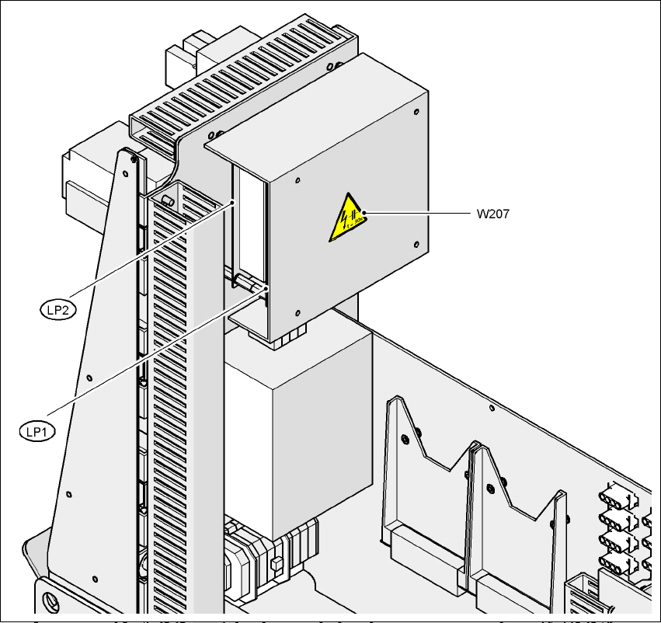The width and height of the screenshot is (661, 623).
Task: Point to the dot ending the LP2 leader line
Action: pos(234,204)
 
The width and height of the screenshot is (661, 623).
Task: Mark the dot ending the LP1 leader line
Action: pos(266,287)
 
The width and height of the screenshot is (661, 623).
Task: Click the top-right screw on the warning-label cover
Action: pos(417,113)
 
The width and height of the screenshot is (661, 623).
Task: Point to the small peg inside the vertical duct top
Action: pos(165,200)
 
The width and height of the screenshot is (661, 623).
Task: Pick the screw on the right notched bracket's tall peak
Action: pos(490,488)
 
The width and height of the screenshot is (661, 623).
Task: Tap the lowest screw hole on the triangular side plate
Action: pos(93,578)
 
